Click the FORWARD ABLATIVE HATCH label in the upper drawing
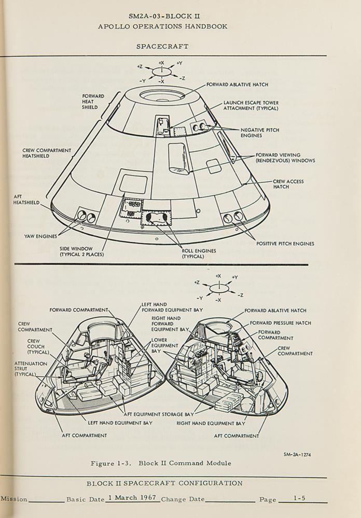pos(237,84)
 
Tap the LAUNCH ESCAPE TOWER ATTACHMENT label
pos(251,105)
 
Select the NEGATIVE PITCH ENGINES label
pos(259,133)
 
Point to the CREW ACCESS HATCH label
pos(288,184)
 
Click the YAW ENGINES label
pos(40,236)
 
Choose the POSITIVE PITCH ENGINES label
pos(285,243)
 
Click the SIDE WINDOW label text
pos(81,251)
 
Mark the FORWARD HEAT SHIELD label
pos(93,102)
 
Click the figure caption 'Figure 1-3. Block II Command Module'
pos(160,463)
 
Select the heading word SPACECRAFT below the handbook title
pos(162,46)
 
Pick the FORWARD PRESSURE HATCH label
pos(280,323)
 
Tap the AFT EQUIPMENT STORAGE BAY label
pos(158,414)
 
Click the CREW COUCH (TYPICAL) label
pos(36,347)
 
